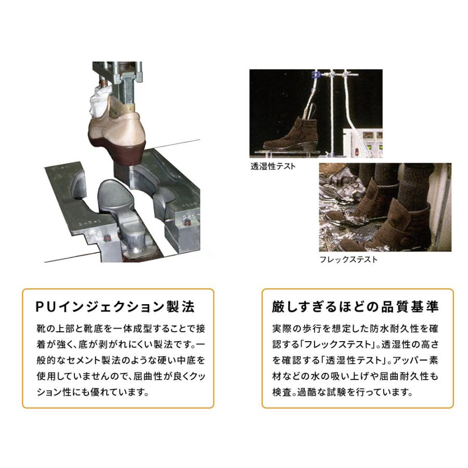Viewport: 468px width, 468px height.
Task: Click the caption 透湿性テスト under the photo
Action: click(272, 166)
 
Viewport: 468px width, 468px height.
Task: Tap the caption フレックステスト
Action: click(348, 259)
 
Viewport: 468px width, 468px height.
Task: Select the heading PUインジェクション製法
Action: click(115, 306)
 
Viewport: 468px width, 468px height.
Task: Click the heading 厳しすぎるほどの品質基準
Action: click(355, 306)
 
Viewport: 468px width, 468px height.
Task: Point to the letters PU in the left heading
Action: click(42, 306)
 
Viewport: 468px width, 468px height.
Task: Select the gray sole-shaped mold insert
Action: click(117, 198)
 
